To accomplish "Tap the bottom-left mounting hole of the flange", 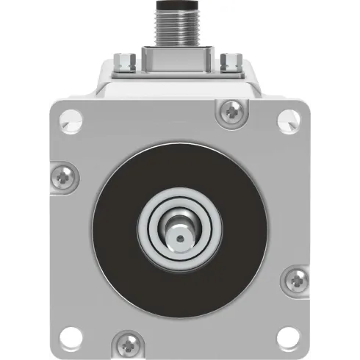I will [68, 335].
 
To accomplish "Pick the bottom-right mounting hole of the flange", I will [288, 335].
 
